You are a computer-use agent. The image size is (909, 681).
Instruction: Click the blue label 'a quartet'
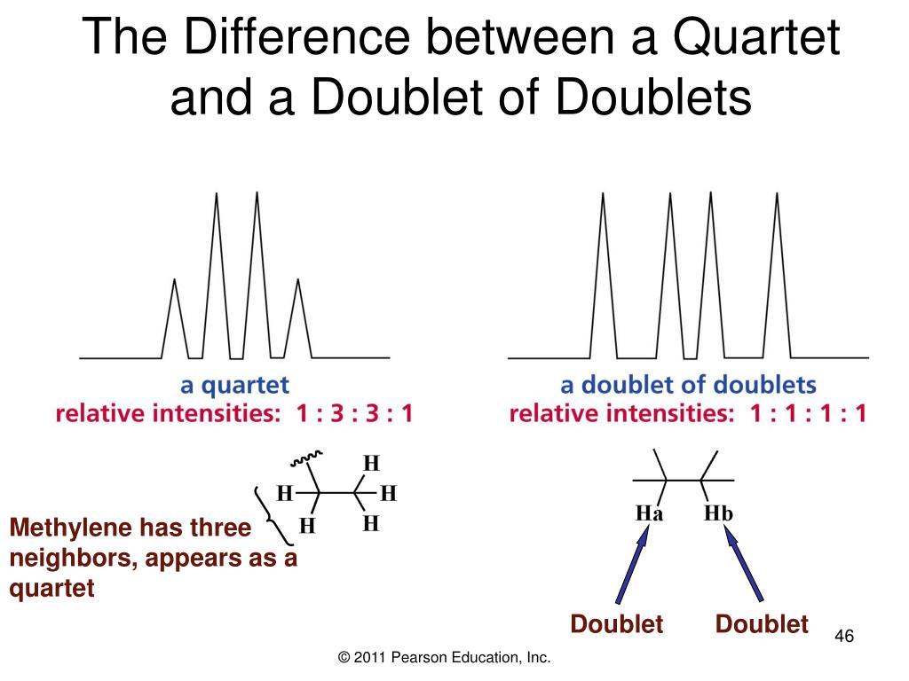tap(235, 386)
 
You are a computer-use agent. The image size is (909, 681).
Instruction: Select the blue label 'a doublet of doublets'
tap(688, 386)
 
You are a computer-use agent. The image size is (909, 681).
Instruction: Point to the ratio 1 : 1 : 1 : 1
tap(806, 413)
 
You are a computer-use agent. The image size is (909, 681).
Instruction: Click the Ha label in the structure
tap(650, 514)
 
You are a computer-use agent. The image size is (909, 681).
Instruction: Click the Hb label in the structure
tap(718, 513)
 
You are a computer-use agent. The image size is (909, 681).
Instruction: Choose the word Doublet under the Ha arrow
tap(617, 624)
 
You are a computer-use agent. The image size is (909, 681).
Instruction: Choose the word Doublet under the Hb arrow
tap(763, 624)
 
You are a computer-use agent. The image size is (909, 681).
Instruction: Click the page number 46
tap(844, 638)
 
